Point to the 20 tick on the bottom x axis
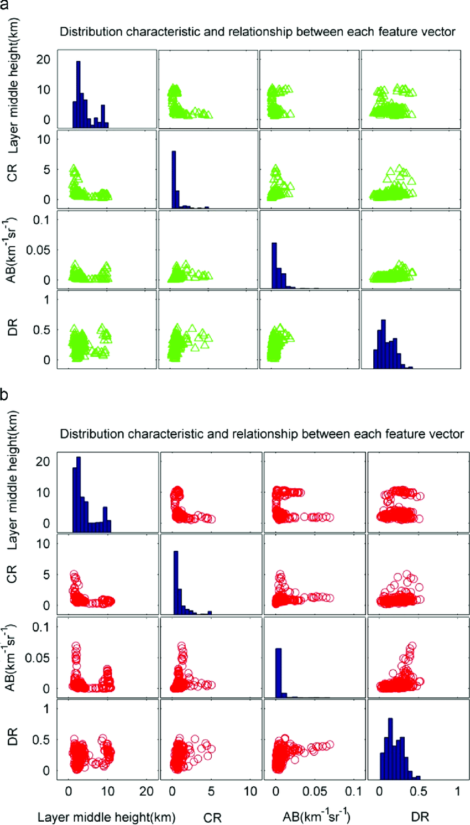146,791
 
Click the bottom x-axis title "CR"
212,817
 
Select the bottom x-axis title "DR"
420,817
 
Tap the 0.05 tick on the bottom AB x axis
315,791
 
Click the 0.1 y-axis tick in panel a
41,220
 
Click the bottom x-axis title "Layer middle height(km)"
106,817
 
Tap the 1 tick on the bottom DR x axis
458,791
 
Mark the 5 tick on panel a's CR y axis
46,170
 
